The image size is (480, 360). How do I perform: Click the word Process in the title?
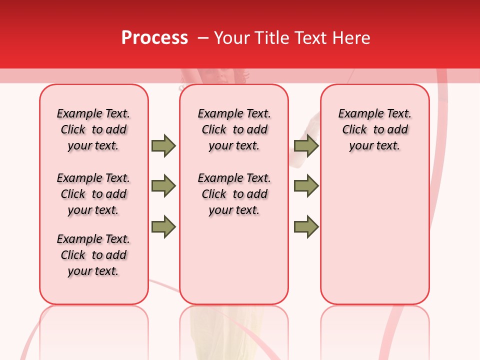tap(154, 38)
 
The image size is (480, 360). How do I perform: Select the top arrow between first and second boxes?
tap(163, 145)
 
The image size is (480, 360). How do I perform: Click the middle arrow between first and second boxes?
tap(163, 186)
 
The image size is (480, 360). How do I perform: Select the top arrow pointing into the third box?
tap(306, 145)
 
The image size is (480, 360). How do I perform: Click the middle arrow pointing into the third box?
tap(306, 186)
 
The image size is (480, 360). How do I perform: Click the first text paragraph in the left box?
tap(93, 129)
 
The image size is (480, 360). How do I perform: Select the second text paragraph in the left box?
tap(93, 194)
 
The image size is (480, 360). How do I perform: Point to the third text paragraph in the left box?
tap(93, 255)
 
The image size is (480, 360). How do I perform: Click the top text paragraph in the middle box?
tap(234, 129)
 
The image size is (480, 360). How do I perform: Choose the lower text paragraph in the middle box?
tap(234, 194)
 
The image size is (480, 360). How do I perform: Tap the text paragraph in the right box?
tap(375, 129)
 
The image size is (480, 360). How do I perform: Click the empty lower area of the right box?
tap(375, 240)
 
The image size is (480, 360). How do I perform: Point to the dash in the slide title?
tap(203, 38)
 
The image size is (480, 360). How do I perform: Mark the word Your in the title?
tap(232, 38)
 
